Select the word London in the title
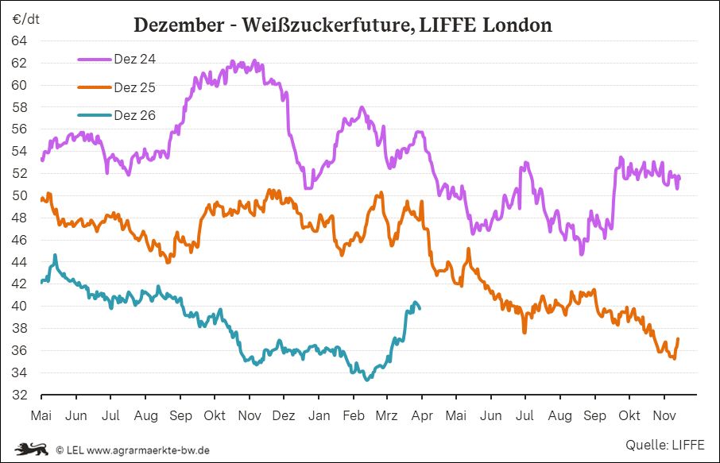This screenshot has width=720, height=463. click(x=516, y=25)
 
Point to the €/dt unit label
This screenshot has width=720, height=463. click(x=26, y=18)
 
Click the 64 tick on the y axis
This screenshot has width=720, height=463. click(x=20, y=41)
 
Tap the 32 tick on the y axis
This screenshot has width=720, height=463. click(x=20, y=395)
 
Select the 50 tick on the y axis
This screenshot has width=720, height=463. click(x=20, y=195)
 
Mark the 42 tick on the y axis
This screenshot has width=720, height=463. click(x=20, y=284)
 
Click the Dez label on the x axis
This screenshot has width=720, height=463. click(x=284, y=416)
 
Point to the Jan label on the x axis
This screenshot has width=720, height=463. click(x=319, y=416)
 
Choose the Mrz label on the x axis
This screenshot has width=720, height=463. click(x=386, y=416)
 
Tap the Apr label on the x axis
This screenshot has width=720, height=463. click(x=421, y=416)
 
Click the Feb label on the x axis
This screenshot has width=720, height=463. click(x=353, y=416)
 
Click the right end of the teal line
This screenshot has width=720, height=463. click(x=420, y=308)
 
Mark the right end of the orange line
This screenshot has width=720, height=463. click(x=678, y=339)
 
